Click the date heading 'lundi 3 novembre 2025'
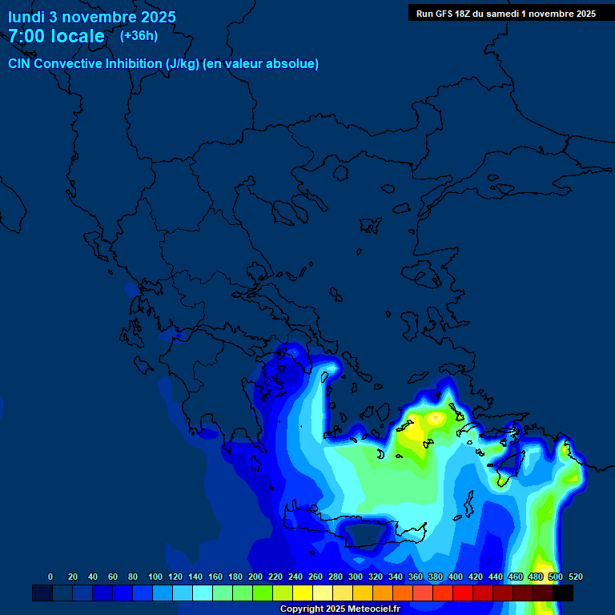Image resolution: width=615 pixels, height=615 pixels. pyautogui.click(x=92, y=17)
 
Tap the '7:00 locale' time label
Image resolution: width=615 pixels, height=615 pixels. pyautogui.click(x=56, y=36)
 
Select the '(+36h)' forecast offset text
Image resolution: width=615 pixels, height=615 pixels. pyautogui.click(x=139, y=35)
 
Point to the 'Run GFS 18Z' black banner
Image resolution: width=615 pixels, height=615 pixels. pyautogui.click(x=505, y=13)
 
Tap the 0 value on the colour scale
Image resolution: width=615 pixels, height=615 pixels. pyautogui.click(x=50, y=577)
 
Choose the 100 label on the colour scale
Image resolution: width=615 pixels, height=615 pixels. pyautogui.click(x=155, y=577)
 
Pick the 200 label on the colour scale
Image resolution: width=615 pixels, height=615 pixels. pyautogui.click(x=255, y=577)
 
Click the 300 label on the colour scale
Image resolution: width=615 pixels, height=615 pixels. pyautogui.click(x=356, y=577)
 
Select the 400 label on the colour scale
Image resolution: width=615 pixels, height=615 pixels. pyautogui.click(x=456, y=577)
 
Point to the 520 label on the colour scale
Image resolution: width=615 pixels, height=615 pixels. pyautogui.click(x=575, y=577)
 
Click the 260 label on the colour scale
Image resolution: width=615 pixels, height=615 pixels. pyautogui.click(x=316, y=577)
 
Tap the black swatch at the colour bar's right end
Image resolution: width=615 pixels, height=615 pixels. pyautogui.click(x=563, y=593)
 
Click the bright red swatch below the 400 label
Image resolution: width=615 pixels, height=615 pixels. pyautogui.click(x=463, y=593)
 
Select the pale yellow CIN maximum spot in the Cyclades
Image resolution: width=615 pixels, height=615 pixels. pyautogui.click(x=436, y=417)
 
